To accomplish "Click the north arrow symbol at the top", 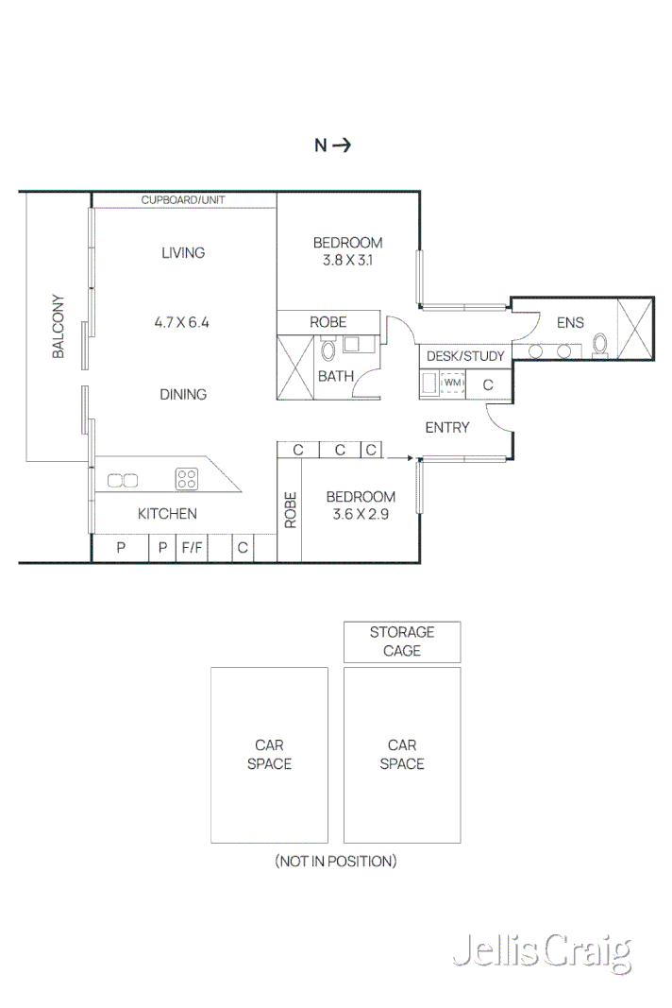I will pos(341,145).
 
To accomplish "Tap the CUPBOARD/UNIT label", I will pos(183,200).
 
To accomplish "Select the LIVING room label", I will pos(183,252).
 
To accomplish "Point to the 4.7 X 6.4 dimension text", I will pos(181,322).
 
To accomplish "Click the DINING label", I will pos(183,394).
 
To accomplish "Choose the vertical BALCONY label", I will pos(59,327).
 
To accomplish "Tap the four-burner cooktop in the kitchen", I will pos(186,480).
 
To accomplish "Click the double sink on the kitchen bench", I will pos(123,481).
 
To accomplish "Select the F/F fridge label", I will pos(193,547).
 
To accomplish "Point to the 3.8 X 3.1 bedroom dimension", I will pos(347,261).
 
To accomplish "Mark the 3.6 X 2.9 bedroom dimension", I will pos(361,515).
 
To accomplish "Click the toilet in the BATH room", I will pos(328,351).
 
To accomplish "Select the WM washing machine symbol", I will pos(453,384).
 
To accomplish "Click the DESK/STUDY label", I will pos(465,356).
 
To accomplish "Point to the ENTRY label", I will pos(447,428).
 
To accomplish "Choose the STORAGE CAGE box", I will pos(402,641).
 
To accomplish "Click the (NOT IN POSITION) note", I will pos(336,861).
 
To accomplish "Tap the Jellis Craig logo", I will pos(541,952).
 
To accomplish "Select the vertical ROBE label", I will pos(291,510).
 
